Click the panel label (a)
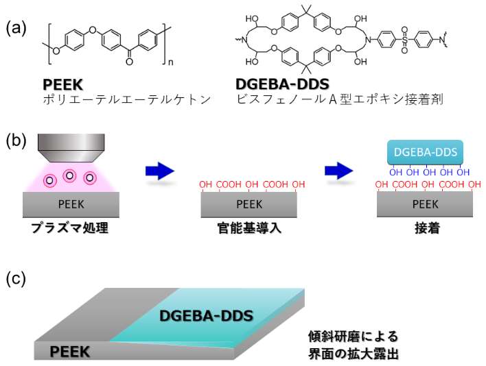[16, 29]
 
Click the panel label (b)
[16, 141]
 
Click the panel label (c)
[16, 279]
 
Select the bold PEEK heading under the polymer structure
[63, 84]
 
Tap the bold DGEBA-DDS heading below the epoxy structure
[282, 84]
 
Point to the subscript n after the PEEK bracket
[170, 62]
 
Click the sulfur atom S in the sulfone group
[404, 40]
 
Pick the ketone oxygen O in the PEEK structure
[129, 62]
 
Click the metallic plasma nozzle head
[71, 147]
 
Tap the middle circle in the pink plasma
[70, 175]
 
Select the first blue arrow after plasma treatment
[160, 171]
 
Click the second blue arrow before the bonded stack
[339, 171]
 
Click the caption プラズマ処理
[70, 228]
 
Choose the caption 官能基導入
[249, 228]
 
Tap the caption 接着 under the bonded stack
[428, 228]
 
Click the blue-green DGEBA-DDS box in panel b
[426, 152]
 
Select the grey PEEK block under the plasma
[71, 204]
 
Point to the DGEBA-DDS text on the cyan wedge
[207, 316]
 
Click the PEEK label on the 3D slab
[70, 352]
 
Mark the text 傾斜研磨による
[353, 337]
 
